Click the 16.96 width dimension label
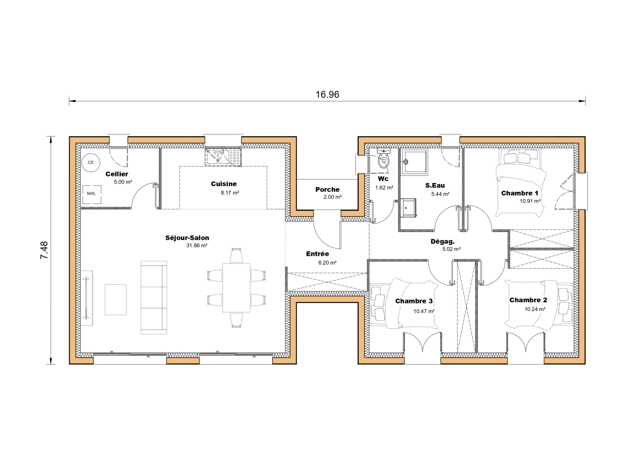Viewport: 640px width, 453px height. tap(327, 94)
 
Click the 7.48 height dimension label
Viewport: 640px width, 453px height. tap(44, 250)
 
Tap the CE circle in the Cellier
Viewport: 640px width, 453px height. tap(91, 162)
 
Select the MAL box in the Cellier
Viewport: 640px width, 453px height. tap(92, 194)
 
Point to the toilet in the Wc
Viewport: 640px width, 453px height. tap(383, 160)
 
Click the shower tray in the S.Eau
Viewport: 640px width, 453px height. tap(414, 162)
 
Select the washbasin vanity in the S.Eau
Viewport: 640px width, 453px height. tap(409, 207)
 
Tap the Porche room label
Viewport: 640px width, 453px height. tap(327, 190)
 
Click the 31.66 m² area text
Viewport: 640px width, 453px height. tap(197, 246)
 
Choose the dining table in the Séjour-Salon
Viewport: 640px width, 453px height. tap(236, 288)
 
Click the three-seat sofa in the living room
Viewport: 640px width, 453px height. tap(154, 297)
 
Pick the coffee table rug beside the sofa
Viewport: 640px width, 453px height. tap(116, 299)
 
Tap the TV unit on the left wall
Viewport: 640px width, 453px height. tap(87, 298)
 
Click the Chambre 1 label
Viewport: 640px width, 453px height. tap(520, 193)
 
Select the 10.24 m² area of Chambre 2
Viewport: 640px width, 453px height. tap(535, 309)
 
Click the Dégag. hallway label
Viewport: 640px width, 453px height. tap(442, 242)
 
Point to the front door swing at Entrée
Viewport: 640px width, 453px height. tap(327, 232)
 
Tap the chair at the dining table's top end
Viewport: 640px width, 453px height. tap(236, 256)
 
